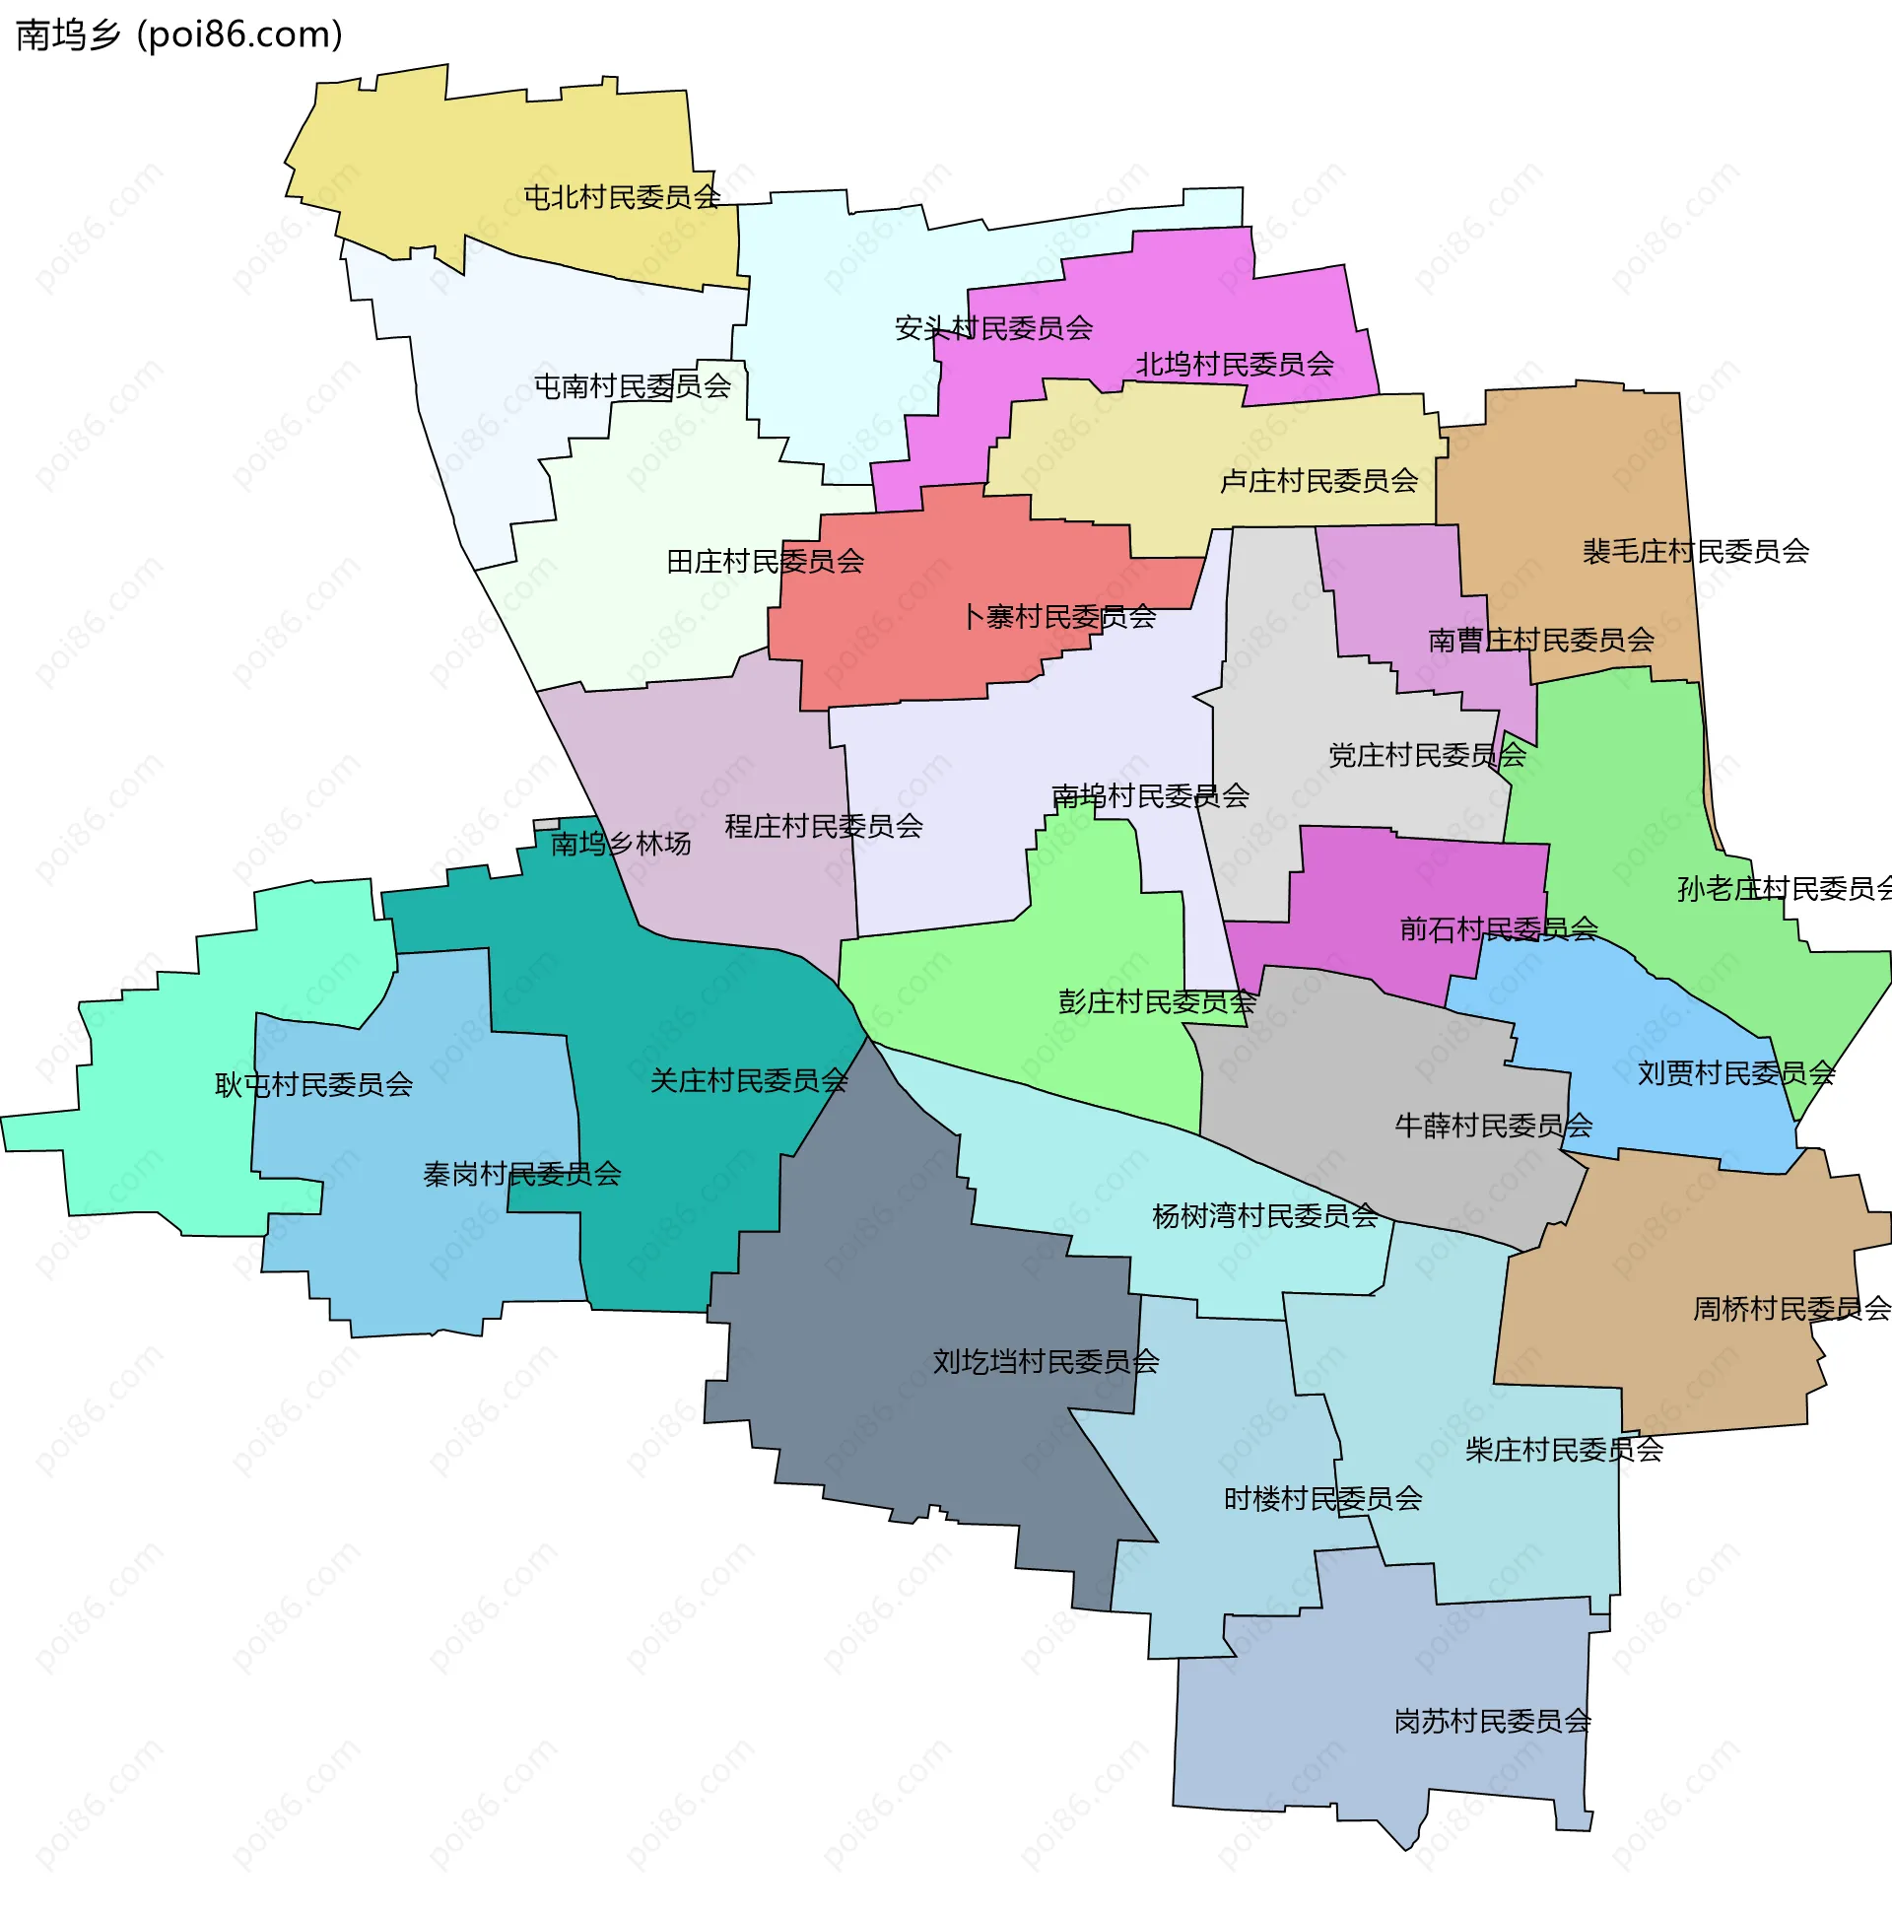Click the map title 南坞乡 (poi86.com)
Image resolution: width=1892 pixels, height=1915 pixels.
[x=179, y=35]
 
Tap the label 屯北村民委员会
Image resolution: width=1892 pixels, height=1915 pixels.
[x=623, y=197]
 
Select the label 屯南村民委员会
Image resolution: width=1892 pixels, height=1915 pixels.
[x=633, y=385]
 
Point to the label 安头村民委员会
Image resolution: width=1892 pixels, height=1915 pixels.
[x=993, y=328]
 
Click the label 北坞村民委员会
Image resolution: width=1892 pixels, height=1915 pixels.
[x=1234, y=365]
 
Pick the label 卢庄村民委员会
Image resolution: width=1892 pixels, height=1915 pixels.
[x=1318, y=481]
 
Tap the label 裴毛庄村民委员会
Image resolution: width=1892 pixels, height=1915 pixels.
[x=1695, y=551]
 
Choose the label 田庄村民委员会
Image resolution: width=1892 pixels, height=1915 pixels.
[x=764, y=562]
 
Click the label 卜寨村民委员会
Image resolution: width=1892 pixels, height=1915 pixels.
[x=1058, y=617]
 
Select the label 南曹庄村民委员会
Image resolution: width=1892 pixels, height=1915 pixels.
[x=1540, y=641]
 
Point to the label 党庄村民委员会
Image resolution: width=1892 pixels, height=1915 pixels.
[x=1426, y=755]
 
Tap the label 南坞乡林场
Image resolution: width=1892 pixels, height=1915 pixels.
[x=621, y=844]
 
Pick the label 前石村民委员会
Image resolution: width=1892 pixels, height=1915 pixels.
[x=1498, y=928]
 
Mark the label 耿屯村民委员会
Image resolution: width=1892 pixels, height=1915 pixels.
[x=313, y=1084]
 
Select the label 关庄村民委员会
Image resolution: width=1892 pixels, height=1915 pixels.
[x=748, y=1080]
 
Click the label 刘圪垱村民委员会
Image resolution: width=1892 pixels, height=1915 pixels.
[x=1045, y=1362]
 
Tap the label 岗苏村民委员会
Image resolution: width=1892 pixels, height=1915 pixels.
[x=1492, y=1722]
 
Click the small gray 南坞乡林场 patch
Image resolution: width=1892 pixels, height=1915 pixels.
[x=546, y=824]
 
